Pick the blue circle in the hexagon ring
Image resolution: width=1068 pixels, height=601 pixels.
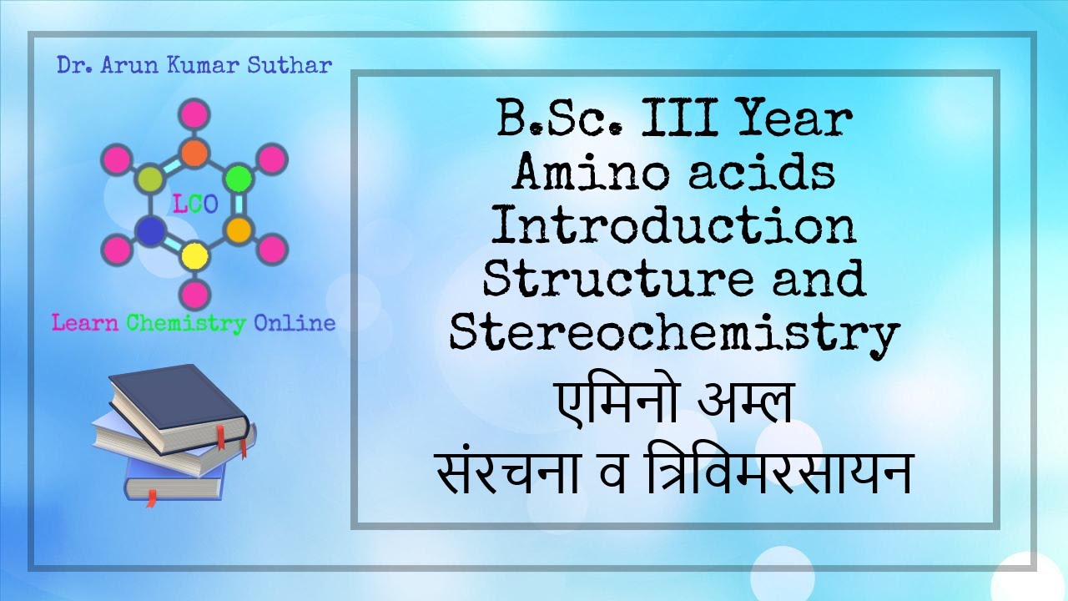[x=149, y=230]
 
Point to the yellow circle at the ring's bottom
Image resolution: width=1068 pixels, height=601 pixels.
[x=194, y=255]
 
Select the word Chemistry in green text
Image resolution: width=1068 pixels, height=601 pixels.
[x=187, y=323]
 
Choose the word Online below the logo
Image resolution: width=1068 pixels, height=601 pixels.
[x=295, y=323]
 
